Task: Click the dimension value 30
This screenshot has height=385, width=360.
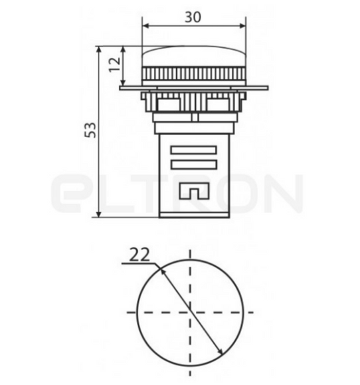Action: pos(192,17)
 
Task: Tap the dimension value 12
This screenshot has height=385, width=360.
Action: pos(115,65)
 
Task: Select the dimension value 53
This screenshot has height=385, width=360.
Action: pos(90,130)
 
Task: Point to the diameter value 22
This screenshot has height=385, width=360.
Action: pos(139,255)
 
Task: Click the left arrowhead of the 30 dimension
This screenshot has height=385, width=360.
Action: pos(146,26)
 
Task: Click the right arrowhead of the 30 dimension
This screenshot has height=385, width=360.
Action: pos(242,26)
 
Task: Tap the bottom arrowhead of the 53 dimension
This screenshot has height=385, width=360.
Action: pos(99,213)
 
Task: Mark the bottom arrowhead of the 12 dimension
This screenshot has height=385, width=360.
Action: pos(124,81)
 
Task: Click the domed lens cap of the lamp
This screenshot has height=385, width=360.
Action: pos(194,56)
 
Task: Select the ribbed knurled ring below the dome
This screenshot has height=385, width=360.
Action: pos(194,74)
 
